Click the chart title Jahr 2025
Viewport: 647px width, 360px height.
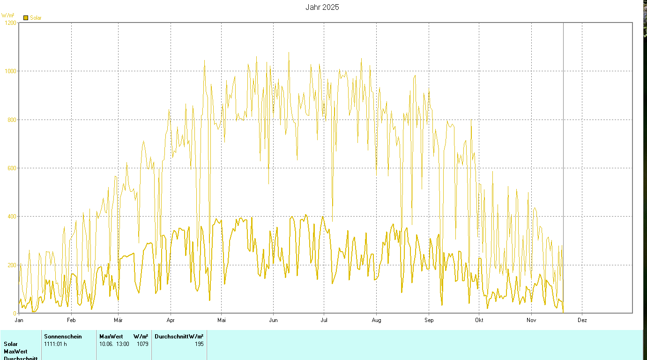pyautogui.click(x=322, y=7)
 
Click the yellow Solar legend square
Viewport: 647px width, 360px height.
pyautogui.click(x=26, y=18)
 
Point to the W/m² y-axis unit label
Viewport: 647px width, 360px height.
pyautogui.click(x=8, y=15)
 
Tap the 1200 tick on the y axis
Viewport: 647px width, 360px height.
pyautogui.click(x=10, y=22)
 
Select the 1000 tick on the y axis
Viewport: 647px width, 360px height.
pyautogui.click(x=10, y=71)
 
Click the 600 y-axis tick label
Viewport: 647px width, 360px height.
pyautogui.click(x=12, y=168)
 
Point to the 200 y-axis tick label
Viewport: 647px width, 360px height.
pyautogui.click(x=12, y=265)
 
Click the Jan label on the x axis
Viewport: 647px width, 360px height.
pyautogui.click(x=19, y=320)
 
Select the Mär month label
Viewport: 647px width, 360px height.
pyautogui.click(x=118, y=320)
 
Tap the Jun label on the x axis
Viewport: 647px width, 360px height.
pyautogui.click(x=273, y=320)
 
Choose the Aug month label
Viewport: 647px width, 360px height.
pyautogui.click(x=376, y=320)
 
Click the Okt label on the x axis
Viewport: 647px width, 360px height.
pyautogui.click(x=479, y=320)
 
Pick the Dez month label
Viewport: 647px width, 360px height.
pyautogui.click(x=582, y=320)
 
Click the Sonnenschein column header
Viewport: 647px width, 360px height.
pyautogui.click(x=63, y=336)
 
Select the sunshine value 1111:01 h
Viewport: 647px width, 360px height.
pyautogui.click(x=56, y=344)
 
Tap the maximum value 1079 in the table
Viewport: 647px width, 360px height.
pyautogui.click(x=142, y=344)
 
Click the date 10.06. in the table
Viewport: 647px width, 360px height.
pyautogui.click(x=106, y=344)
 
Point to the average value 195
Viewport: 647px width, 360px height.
pyautogui.click(x=199, y=344)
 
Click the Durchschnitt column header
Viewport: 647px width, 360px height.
pyautogui.click(x=171, y=336)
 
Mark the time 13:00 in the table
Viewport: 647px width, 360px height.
pyautogui.click(x=123, y=344)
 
